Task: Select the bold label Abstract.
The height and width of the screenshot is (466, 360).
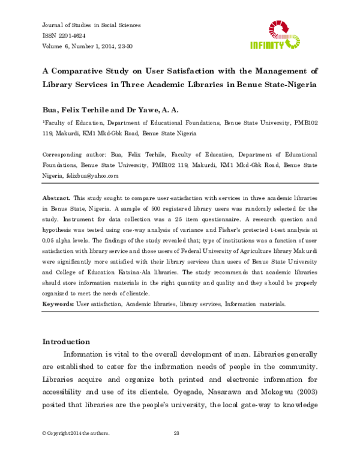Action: pyautogui.click(x=56, y=198)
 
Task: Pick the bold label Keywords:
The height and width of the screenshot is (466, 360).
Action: pyautogui.click(x=58, y=304)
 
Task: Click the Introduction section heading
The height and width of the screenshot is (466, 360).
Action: pyautogui.click(x=66, y=342)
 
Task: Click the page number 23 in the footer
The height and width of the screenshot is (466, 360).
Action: pyautogui.click(x=176, y=433)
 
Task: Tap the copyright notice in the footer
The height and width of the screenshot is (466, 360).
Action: pyautogui.click(x=76, y=433)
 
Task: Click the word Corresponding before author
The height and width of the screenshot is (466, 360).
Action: pyautogui.click(x=62, y=154)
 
